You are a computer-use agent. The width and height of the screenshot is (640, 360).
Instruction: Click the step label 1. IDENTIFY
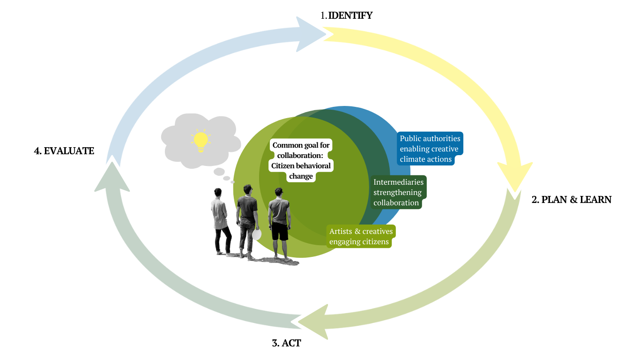point(346,15)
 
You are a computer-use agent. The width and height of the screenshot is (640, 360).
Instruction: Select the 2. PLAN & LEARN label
point(571,200)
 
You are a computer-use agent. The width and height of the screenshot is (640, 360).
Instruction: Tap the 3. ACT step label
point(286,343)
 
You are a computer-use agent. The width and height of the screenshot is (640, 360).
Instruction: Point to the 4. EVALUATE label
point(64,151)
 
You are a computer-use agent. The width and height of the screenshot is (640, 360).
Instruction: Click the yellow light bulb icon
point(201,140)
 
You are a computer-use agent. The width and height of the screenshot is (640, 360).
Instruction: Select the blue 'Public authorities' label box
point(430,149)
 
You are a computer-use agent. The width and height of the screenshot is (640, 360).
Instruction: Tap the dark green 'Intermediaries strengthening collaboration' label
point(398,192)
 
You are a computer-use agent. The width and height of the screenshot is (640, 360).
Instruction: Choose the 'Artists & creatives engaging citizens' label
point(361,237)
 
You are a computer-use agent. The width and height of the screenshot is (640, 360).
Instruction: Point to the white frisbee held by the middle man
point(257,234)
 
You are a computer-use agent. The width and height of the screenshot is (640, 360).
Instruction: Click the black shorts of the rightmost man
point(280,231)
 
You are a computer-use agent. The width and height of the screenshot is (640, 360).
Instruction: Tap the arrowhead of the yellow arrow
point(514,178)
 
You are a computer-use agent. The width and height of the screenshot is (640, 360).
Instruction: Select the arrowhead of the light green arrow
point(313,322)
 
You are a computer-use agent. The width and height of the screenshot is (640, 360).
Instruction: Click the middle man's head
point(247,189)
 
